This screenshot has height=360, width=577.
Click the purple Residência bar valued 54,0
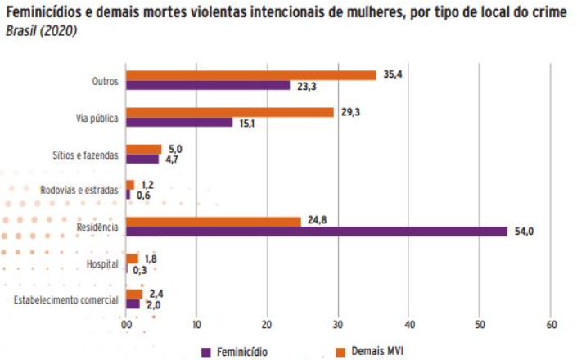point(317,232)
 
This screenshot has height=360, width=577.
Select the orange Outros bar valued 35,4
point(250,75)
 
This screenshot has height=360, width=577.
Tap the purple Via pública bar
point(179,122)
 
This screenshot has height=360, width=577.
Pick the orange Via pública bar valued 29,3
point(229,112)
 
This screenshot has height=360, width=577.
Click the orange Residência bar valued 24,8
point(214,222)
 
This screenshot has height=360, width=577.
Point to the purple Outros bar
point(208,85)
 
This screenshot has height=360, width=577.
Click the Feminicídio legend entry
point(234,352)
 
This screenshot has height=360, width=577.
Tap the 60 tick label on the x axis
point(551,325)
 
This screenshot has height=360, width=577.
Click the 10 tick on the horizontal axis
point(196,325)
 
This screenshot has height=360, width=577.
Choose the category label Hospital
point(103,263)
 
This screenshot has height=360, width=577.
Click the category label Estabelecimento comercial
point(67,300)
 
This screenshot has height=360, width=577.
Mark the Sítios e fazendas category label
point(86,154)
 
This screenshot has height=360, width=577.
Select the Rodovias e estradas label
point(79,190)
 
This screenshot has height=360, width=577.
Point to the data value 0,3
point(139,269)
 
